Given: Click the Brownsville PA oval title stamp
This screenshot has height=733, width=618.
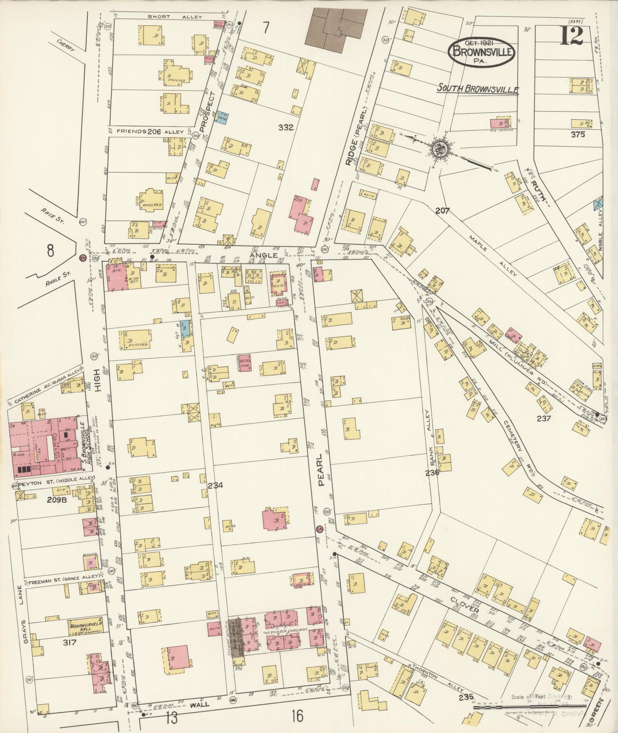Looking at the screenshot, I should click(x=482, y=53).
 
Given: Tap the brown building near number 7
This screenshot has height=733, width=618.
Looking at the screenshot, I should click(x=333, y=28).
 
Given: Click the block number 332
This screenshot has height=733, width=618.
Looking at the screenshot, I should click(x=286, y=128).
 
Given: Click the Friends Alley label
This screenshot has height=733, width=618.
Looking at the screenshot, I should click(x=149, y=131).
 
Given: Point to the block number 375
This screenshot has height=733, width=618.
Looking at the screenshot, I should click(x=577, y=134).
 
